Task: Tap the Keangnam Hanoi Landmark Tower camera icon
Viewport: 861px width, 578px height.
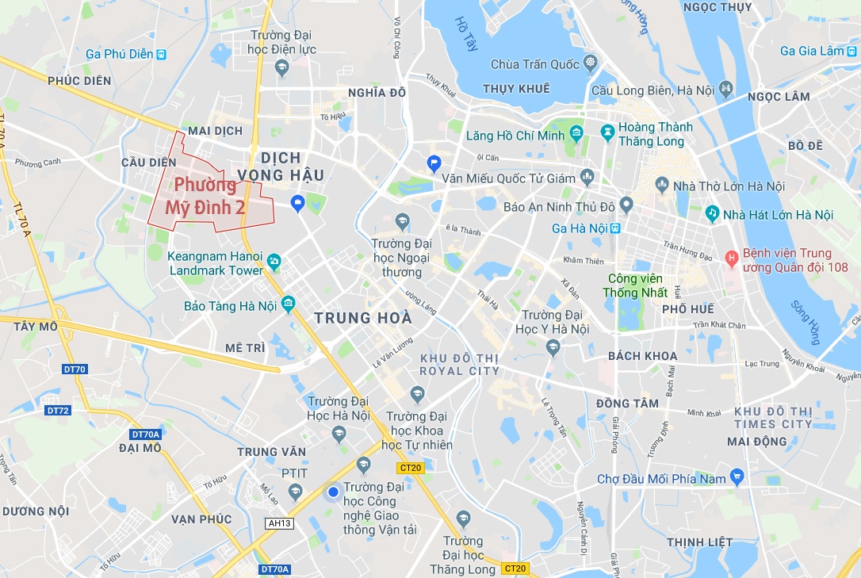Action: click(x=274, y=261)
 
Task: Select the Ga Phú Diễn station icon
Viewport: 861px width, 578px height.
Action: click(x=162, y=55)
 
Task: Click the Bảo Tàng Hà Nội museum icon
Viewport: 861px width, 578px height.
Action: click(x=287, y=304)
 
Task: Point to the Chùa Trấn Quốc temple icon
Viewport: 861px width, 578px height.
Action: click(x=590, y=63)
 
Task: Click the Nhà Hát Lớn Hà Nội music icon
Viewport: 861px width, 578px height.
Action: click(x=713, y=214)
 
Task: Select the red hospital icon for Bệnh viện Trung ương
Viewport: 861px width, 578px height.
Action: click(x=731, y=257)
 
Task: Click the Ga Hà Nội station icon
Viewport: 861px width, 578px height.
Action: click(x=615, y=228)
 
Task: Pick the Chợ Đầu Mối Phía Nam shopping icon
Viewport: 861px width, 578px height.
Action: click(x=738, y=477)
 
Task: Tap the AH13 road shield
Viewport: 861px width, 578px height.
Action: click(x=280, y=523)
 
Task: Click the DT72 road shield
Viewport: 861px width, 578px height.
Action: click(x=58, y=410)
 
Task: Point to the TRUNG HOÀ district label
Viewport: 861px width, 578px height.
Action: click(x=363, y=318)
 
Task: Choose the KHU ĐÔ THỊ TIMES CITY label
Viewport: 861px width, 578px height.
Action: click(x=773, y=417)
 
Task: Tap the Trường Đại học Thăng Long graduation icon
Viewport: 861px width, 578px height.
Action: click(x=464, y=519)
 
